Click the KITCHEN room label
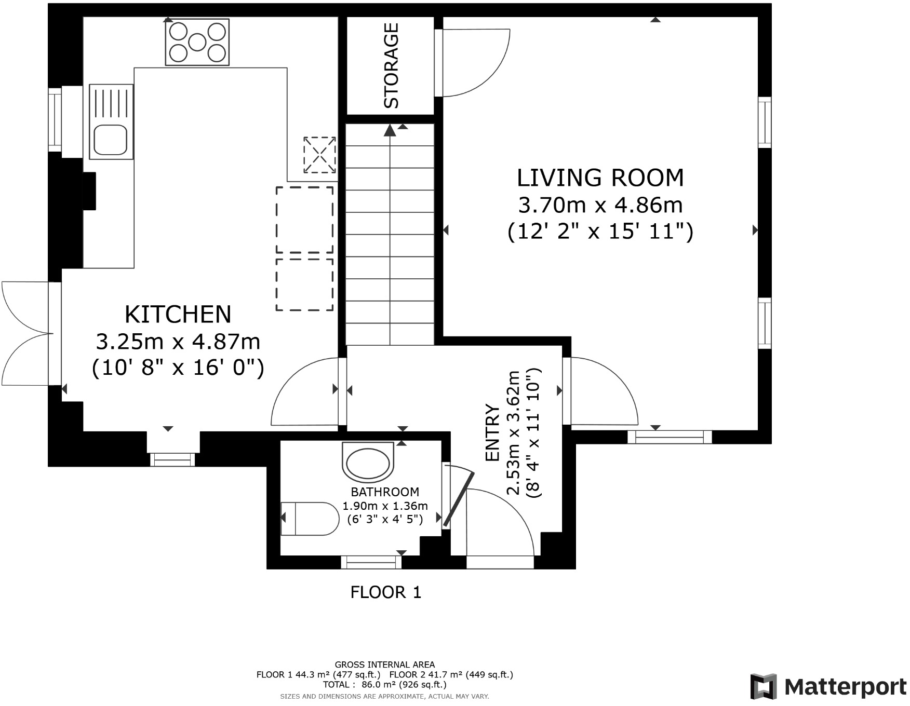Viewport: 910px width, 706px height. pyautogui.click(x=178, y=315)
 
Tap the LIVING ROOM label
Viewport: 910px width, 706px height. pyautogui.click(x=600, y=178)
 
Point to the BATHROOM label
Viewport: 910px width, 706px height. pyautogui.click(x=385, y=492)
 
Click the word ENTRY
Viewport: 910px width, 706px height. pyautogui.click(x=492, y=432)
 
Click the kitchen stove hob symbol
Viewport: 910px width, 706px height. pyautogui.click(x=197, y=42)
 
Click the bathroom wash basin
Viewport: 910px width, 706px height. pyautogui.click(x=368, y=461)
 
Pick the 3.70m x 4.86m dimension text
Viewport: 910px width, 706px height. pyautogui.click(x=600, y=206)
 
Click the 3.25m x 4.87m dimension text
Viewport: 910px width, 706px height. pyautogui.click(x=178, y=342)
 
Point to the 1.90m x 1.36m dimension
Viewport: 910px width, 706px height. pyautogui.click(x=385, y=506)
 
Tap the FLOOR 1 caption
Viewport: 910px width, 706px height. pyautogui.click(x=385, y=592)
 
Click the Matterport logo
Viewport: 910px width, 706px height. pyautogui.click(x=828, y=686)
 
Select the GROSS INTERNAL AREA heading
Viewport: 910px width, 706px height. pyautogui.click(x=385, y=664)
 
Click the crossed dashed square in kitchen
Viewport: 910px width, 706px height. pyautogui.click(x=319, y=155)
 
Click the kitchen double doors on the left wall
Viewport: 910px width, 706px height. pyautogui.click(x=26, y=333)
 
